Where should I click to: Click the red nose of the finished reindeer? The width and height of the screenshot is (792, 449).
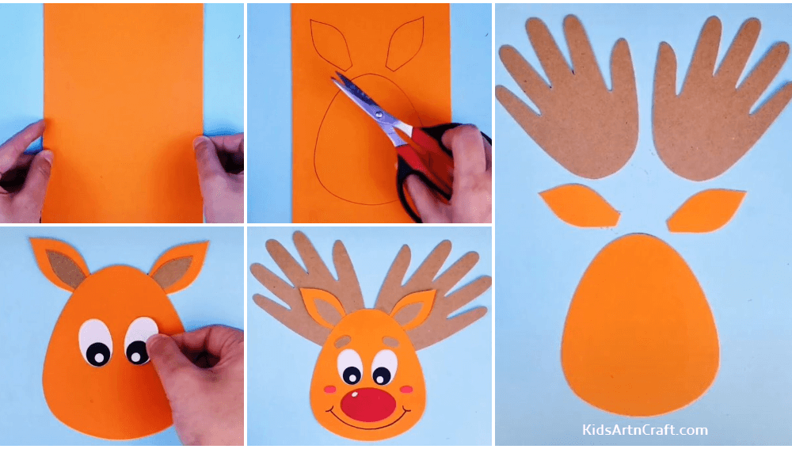(x=367, y=405)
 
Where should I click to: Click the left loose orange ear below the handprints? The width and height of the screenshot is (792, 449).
(x=578, y=206)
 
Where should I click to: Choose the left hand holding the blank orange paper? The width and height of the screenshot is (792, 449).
(x=22, y=170)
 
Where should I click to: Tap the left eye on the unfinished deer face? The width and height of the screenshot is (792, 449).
(x=96, y=343)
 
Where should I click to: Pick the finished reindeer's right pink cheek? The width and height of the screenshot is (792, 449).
(x=407, y=389)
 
